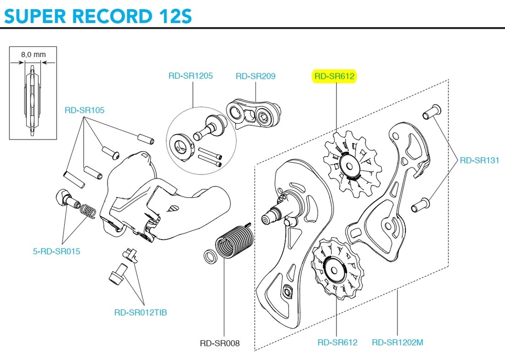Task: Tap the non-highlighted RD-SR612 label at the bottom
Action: click(x=337, y=342)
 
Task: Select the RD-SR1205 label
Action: click(x=190, y=76)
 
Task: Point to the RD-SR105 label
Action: click(x=84, y=110)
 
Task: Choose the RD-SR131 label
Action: click(x=479, y=160)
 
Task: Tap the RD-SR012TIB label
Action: click(x=141, y=312)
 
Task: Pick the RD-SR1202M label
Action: click(x=397, y=342)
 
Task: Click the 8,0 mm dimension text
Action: click(x=33, y=55)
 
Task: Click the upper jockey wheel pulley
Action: click(x=348, y=164)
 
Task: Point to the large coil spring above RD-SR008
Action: click(x=233, y=241)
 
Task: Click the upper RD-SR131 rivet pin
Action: click(x=431, y=111)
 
